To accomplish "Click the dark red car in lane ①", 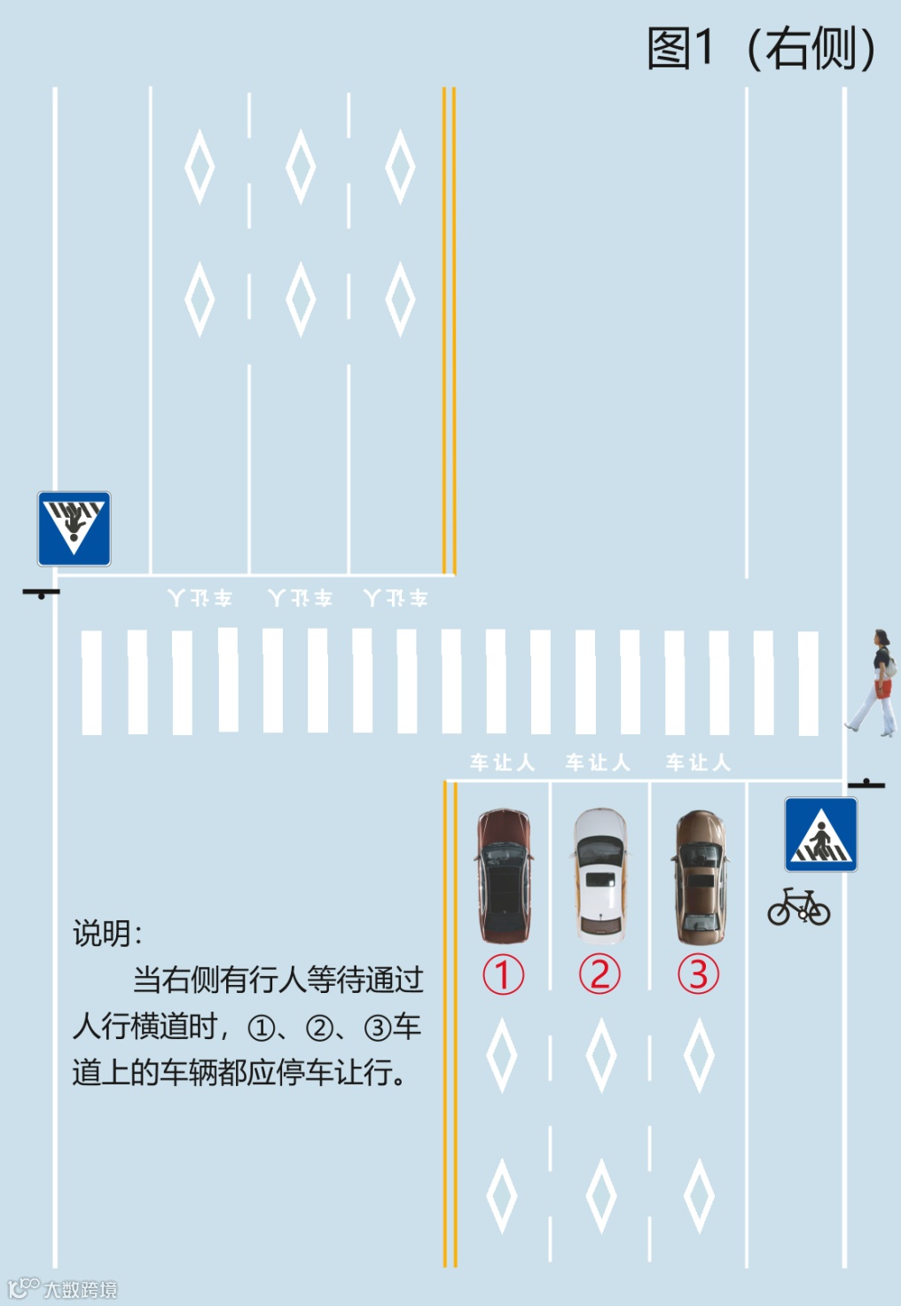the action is tap(505, 875).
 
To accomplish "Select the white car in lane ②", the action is tap(600, 875).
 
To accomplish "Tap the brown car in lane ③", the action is tap(701, 876).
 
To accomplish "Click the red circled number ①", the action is tap(503, 974).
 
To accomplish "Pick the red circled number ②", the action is tap(600, 974).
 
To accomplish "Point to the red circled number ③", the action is tap(699, 974).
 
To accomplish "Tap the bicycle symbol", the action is tap(799, 907).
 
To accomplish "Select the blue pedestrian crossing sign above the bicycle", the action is tap(820, 834).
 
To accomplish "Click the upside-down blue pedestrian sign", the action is tap(74, 528).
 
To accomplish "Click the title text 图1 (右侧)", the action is tap(761, 49).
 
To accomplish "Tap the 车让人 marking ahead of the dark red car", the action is tap(502, 762).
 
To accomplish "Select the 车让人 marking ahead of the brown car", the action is tap(698, 762).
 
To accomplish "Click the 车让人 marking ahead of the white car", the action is tap(598, 762).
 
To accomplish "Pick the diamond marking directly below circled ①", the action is tap(502, 1055).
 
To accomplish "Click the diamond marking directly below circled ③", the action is tap(699, 1055).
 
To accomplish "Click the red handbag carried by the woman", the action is tap(883, 688).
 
